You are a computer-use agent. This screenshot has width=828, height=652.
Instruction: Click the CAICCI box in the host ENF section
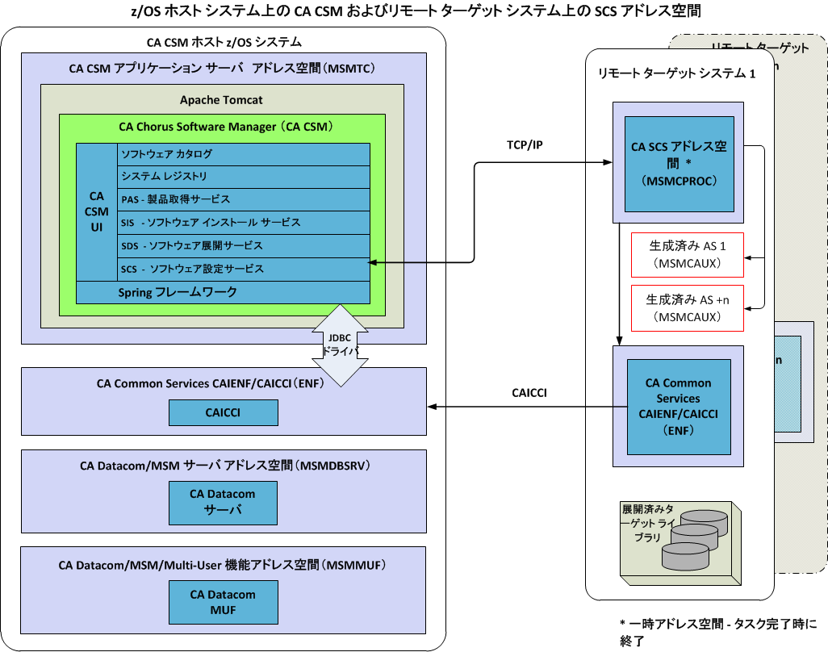coord(223,412)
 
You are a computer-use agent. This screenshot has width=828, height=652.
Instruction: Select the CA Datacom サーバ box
coord(223,502)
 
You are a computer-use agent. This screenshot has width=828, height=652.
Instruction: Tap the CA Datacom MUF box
coord(223,602)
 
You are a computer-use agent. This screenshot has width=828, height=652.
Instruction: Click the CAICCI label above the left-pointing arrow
coord(529,393)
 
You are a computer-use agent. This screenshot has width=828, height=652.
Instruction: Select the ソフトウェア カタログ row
coord(243,153)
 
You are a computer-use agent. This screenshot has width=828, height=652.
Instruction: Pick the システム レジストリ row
coord(243,176)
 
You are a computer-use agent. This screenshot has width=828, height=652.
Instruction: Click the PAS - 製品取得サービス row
coord(243,199)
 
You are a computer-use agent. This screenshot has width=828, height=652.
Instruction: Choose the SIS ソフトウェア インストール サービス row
coord(243,222)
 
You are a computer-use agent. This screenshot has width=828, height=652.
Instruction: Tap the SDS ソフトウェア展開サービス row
coord(243,245)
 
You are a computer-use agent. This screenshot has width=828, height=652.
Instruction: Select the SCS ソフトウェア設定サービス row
coord(243,269)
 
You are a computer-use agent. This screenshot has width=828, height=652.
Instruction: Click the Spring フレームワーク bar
coord(223,292)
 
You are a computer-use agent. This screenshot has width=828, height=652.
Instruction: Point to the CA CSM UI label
coord(96,211)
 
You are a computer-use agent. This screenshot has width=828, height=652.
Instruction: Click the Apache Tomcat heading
coord(221,100)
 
